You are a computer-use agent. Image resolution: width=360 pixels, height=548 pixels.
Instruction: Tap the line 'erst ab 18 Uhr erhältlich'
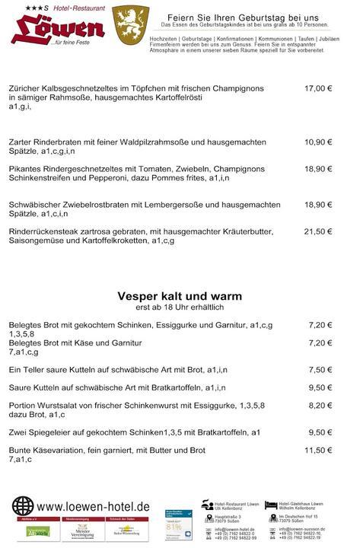[x=180, y=307]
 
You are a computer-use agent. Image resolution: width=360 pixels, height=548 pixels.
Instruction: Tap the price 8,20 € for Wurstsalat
[x=320, y=406]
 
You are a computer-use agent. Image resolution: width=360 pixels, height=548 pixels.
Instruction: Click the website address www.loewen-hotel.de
[x=93, y=506]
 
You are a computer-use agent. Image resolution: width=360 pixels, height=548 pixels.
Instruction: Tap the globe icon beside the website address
[x=23, y=506]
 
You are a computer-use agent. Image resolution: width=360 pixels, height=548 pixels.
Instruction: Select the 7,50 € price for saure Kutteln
[x=320, y=370]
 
